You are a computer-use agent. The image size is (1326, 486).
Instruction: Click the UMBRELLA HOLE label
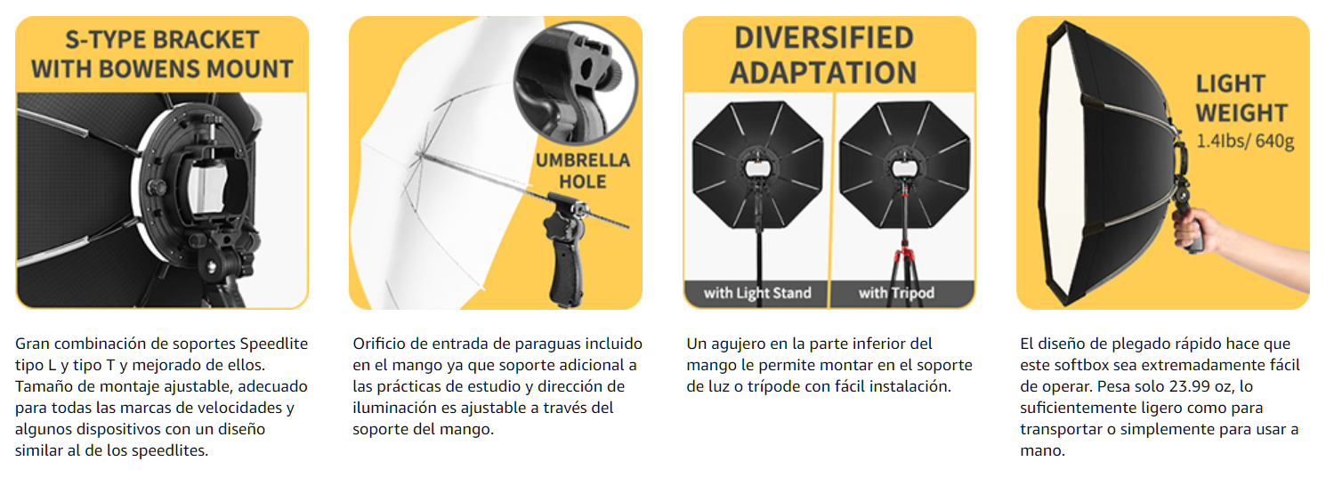(583, 171)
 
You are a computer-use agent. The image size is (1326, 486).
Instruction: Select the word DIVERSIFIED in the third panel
(824, 38)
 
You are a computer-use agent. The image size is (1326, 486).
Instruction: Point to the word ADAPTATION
(823, 73)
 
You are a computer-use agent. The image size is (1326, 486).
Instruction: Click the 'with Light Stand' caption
(757, 293)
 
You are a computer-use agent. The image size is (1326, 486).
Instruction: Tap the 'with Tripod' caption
(896, 293)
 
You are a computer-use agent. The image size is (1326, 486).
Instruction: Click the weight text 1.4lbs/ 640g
(1245, 142)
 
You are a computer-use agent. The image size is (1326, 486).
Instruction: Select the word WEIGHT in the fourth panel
(1241, 113)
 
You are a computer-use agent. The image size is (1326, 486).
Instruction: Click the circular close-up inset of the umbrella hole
(576, 83)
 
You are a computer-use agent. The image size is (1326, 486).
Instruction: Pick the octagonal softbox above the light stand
(757, 166)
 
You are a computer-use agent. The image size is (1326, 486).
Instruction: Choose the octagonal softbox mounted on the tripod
(904, 166)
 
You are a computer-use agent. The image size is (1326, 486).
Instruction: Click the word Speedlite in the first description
(273, 344)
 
